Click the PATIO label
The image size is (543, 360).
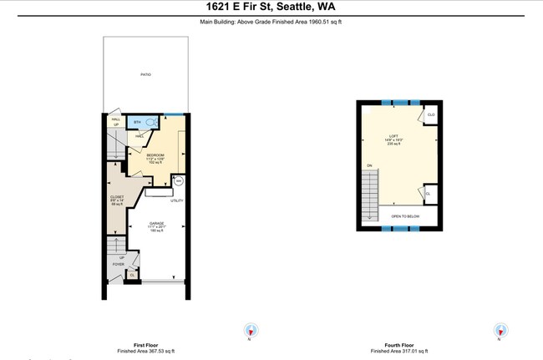tap(145, 74)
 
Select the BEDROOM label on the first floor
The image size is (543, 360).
tap(156, 156)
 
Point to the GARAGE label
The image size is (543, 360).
tap(156, 224)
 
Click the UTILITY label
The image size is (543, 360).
tap(177, 200)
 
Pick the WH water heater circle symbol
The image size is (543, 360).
tap(178, 180)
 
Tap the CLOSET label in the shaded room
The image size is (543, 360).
tap(116, 197)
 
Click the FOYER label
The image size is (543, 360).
tap(118, 265)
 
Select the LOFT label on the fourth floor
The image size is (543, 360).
tap(393, 135)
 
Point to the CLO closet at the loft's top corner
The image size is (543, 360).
tap(431, 114)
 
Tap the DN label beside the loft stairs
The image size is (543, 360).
tap(368, 165)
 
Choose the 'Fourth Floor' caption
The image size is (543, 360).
tap(396, 345)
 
